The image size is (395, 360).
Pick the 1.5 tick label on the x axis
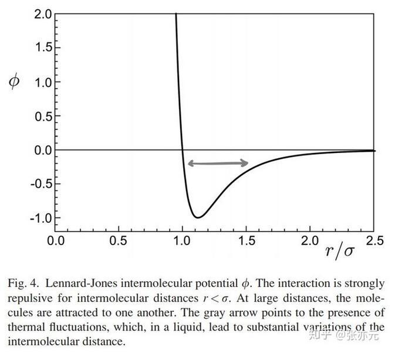pos(247,241)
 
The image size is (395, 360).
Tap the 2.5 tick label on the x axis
pos(374,241)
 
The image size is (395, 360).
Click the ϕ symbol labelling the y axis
pos(13,81)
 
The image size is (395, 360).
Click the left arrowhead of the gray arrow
pos(189,164)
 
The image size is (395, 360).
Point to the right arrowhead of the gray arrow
pos(245,164)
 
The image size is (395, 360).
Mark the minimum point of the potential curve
pos(198,218)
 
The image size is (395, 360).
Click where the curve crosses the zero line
pos(183,150)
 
